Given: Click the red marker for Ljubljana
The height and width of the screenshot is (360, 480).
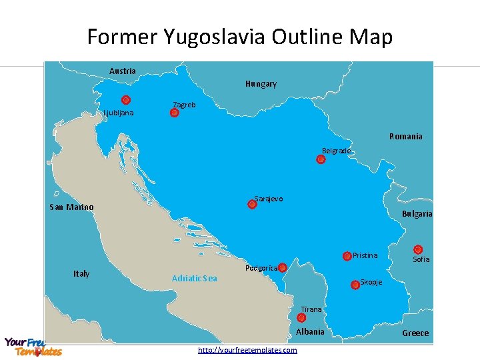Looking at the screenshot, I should [x=126, y=101].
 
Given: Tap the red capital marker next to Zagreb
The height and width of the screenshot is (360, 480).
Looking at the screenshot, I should [x=174, y=113].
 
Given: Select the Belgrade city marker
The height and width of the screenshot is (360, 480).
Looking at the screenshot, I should [x=321, y=159].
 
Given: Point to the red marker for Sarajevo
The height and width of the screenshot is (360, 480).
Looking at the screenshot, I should [x=252, y=205].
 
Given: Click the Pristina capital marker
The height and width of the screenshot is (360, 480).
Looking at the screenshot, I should [x=347, y=256].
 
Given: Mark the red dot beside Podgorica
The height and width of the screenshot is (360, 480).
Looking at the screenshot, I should [x=282, y=267].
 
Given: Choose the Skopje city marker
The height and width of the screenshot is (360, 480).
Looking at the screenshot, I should [x=355, y=285].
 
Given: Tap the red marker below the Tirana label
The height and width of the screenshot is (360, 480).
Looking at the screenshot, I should [x=301, y=318].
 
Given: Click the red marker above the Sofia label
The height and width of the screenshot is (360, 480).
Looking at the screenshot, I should [x=418, y=249].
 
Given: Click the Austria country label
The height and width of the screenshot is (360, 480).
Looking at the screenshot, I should [x=122, y=71].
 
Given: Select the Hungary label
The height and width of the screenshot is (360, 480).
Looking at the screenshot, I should [x=261, y=84].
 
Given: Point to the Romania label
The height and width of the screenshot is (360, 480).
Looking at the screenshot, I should [x=405, y=137].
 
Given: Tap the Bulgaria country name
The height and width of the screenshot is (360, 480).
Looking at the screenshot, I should [x=417, y=214].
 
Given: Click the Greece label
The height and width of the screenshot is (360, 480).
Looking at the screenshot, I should [x=415, y=333].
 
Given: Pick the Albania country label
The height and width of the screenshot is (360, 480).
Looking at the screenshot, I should [x=310, y=332].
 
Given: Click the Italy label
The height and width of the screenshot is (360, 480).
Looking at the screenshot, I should [x=81, y=274].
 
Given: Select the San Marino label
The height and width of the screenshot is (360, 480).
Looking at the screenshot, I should [x=71, y=207].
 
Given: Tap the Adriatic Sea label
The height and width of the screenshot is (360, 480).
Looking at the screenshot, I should [x=194, y=278].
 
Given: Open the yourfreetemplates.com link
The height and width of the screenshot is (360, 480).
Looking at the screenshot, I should [x=247, y=350].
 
